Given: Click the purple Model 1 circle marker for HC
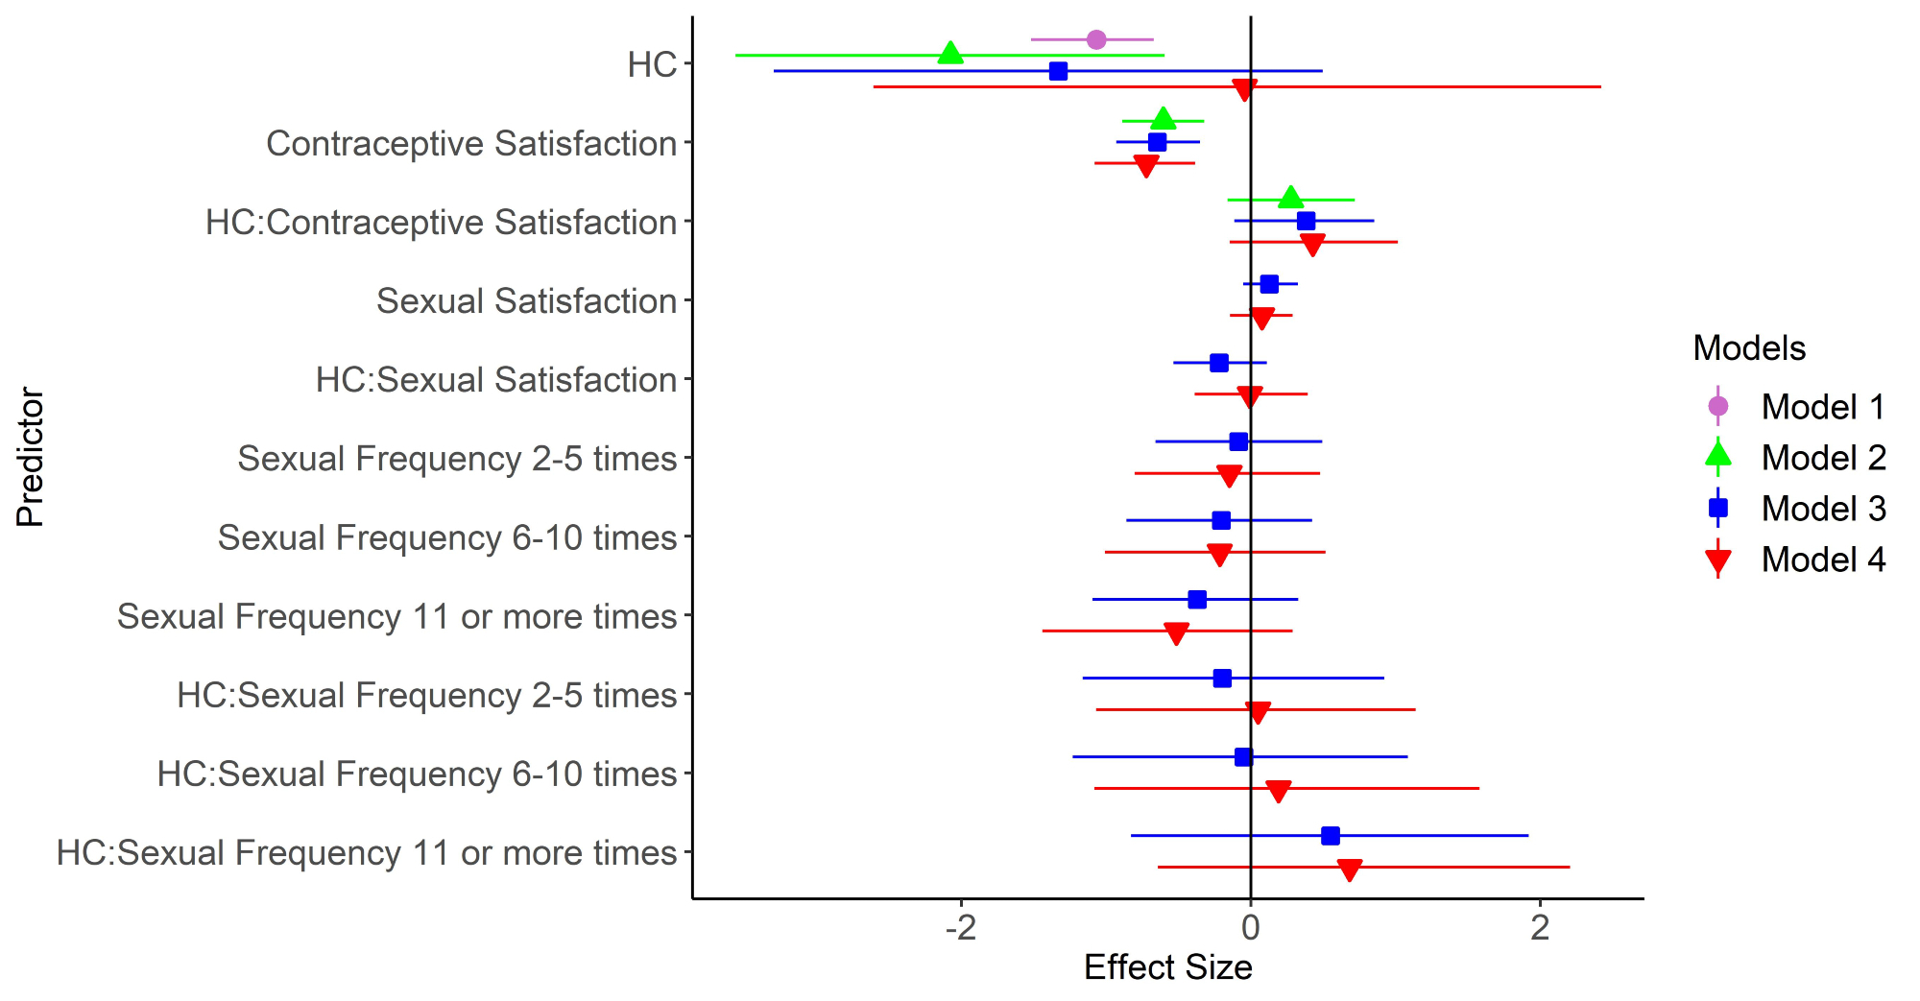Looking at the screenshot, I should click(x=1096, y=39).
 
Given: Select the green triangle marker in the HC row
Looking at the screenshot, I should click(x=950, y=54).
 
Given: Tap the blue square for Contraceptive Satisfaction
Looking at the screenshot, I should click(x=1158, y=142).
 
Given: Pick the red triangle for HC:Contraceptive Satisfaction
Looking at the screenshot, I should click(x=1312, y=244).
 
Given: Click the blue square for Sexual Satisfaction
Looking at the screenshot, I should click(x=1269, y=284).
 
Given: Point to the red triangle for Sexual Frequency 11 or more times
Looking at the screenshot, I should click(x=1176, y=632).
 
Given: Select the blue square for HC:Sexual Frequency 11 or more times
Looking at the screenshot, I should click(x=1331, y=836).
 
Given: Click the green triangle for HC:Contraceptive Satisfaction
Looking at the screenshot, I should click(x=1291, y=199).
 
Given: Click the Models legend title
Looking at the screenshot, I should click(x=1749, y=347).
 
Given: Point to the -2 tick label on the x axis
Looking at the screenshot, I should click(x=960, y=927).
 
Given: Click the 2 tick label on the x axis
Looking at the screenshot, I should click(x=1541, y=927).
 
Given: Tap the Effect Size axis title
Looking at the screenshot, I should click(x=1167, y=967).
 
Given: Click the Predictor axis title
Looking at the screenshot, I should click(x=30, y=457).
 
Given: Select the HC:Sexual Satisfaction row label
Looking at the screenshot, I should click(x=496, y=380).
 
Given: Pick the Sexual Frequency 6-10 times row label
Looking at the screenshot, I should click(x=447, y=537).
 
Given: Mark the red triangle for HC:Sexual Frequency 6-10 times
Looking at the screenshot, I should click(x=1279, y=791).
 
